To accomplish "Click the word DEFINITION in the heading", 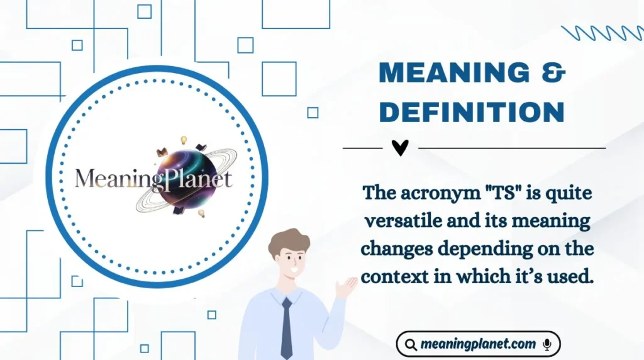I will (x=472, y=112).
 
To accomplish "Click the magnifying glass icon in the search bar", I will (x=411, y=344).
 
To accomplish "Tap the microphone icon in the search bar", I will (x=547, y=344).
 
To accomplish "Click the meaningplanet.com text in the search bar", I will (x=478, y=344).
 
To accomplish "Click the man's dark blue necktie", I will (x=287, y=327).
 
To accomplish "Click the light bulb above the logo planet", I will (x=184, y=140).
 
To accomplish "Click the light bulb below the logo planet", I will (x=202, y=213).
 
